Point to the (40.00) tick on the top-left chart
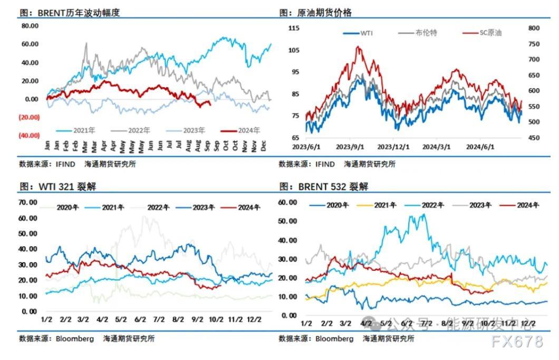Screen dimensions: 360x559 point(30,135)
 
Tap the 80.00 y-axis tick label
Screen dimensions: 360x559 point(30,26)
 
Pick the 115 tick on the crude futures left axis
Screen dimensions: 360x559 point(294,28)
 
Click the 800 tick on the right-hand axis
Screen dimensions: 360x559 point(534,28)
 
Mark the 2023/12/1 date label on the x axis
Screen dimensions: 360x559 point(392,147)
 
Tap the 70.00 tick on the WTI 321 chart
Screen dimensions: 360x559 point(28,202)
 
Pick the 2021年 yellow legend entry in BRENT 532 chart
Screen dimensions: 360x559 point(384,205)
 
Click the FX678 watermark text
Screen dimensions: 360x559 point(518,342)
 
